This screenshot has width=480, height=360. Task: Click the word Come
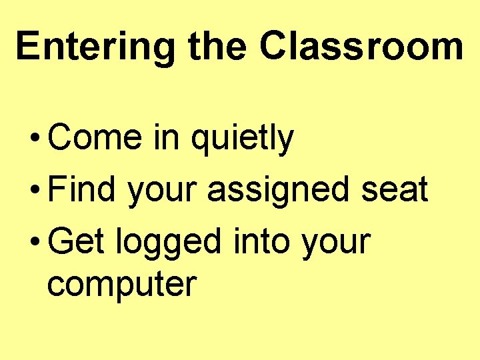pos(95,138)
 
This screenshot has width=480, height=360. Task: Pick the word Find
pos(82,189)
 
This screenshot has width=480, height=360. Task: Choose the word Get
pos(76,241)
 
